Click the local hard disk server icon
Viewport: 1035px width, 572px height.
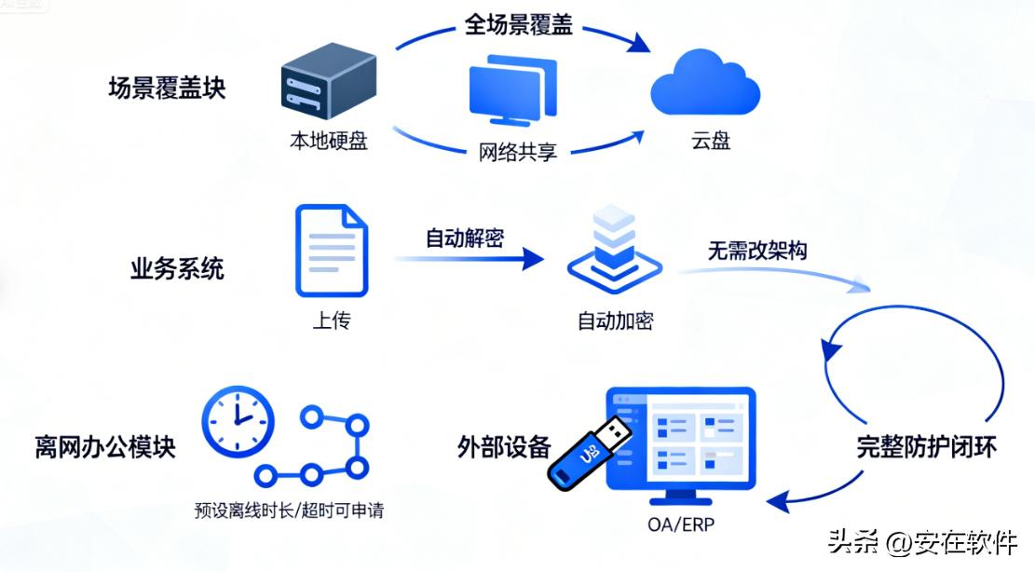(328, 87)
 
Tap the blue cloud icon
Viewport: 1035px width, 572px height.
(705, 86)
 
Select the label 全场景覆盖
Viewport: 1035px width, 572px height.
(518, 24)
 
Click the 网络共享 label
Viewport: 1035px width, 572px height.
(518, 151)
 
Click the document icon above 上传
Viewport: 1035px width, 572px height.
(332, 252)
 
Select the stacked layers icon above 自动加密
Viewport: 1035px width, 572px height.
(614, 250)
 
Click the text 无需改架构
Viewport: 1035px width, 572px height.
(756, 251)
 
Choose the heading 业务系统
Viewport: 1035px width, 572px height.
(177, 270)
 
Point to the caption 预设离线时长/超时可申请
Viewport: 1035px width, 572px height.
(290, 511)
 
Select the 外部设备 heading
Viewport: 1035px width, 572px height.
(504, 447)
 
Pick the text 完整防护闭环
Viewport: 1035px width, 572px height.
(927, 448)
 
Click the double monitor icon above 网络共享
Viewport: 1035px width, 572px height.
(512, 91)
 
